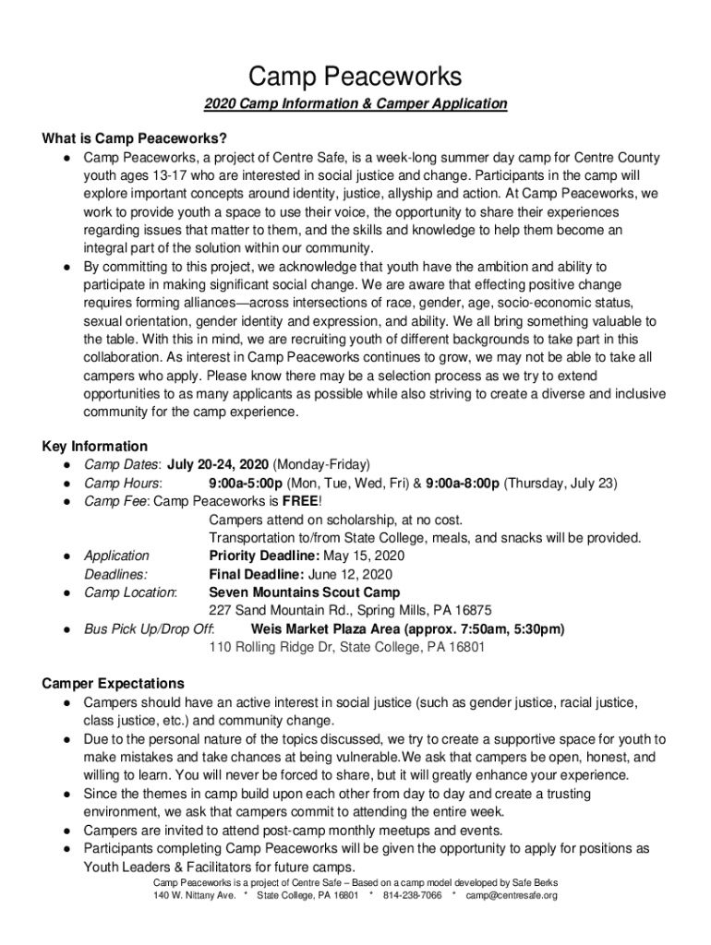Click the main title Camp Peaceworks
[355, 76]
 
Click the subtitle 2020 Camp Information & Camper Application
[355, 104]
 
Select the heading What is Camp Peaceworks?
[135, 139]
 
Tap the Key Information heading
[95, 447]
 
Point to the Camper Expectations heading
[113, 684]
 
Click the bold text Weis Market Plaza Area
[340, 629]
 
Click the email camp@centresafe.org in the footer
[512, 895]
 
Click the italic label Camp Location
[130, 592]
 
